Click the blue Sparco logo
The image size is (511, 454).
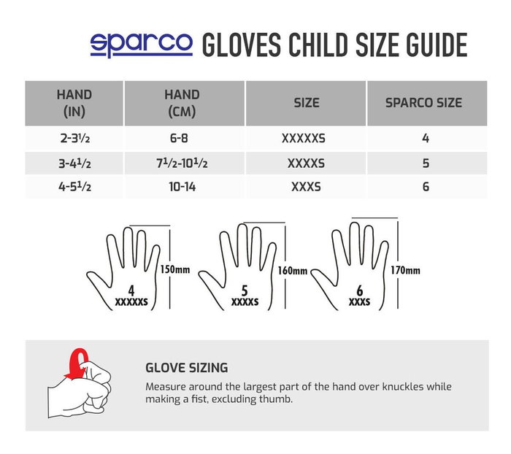141,44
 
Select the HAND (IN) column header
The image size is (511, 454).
74,103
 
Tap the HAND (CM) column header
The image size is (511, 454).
182,103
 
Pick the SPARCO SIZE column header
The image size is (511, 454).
423,103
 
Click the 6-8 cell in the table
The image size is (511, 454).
182,138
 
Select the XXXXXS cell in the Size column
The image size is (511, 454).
306,138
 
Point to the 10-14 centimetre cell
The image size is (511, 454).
182,187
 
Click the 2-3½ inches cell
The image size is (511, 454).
74,138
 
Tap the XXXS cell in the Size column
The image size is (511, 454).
306,187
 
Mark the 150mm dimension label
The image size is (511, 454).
174,269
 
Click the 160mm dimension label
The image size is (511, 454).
292,270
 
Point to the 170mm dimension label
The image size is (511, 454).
405,270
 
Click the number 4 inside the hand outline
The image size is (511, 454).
131,289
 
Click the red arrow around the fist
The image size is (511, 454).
76,363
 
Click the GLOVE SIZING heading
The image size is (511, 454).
186,369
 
